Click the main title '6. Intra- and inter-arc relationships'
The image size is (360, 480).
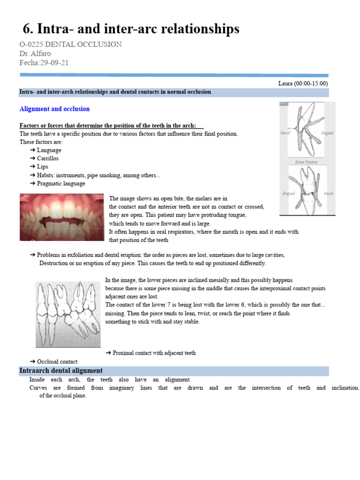131,29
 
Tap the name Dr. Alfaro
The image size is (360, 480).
35,53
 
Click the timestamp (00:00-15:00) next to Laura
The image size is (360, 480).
311,83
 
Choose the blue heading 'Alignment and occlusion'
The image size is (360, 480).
54,109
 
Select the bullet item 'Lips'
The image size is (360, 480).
43,167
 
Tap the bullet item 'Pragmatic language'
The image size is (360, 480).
61,184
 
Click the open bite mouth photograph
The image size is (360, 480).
61,217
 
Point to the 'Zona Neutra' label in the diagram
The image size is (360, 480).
306,162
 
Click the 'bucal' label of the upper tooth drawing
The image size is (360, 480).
285,133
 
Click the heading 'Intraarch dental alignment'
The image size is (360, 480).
61,371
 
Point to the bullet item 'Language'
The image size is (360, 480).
49,150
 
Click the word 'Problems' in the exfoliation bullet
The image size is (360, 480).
49,255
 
